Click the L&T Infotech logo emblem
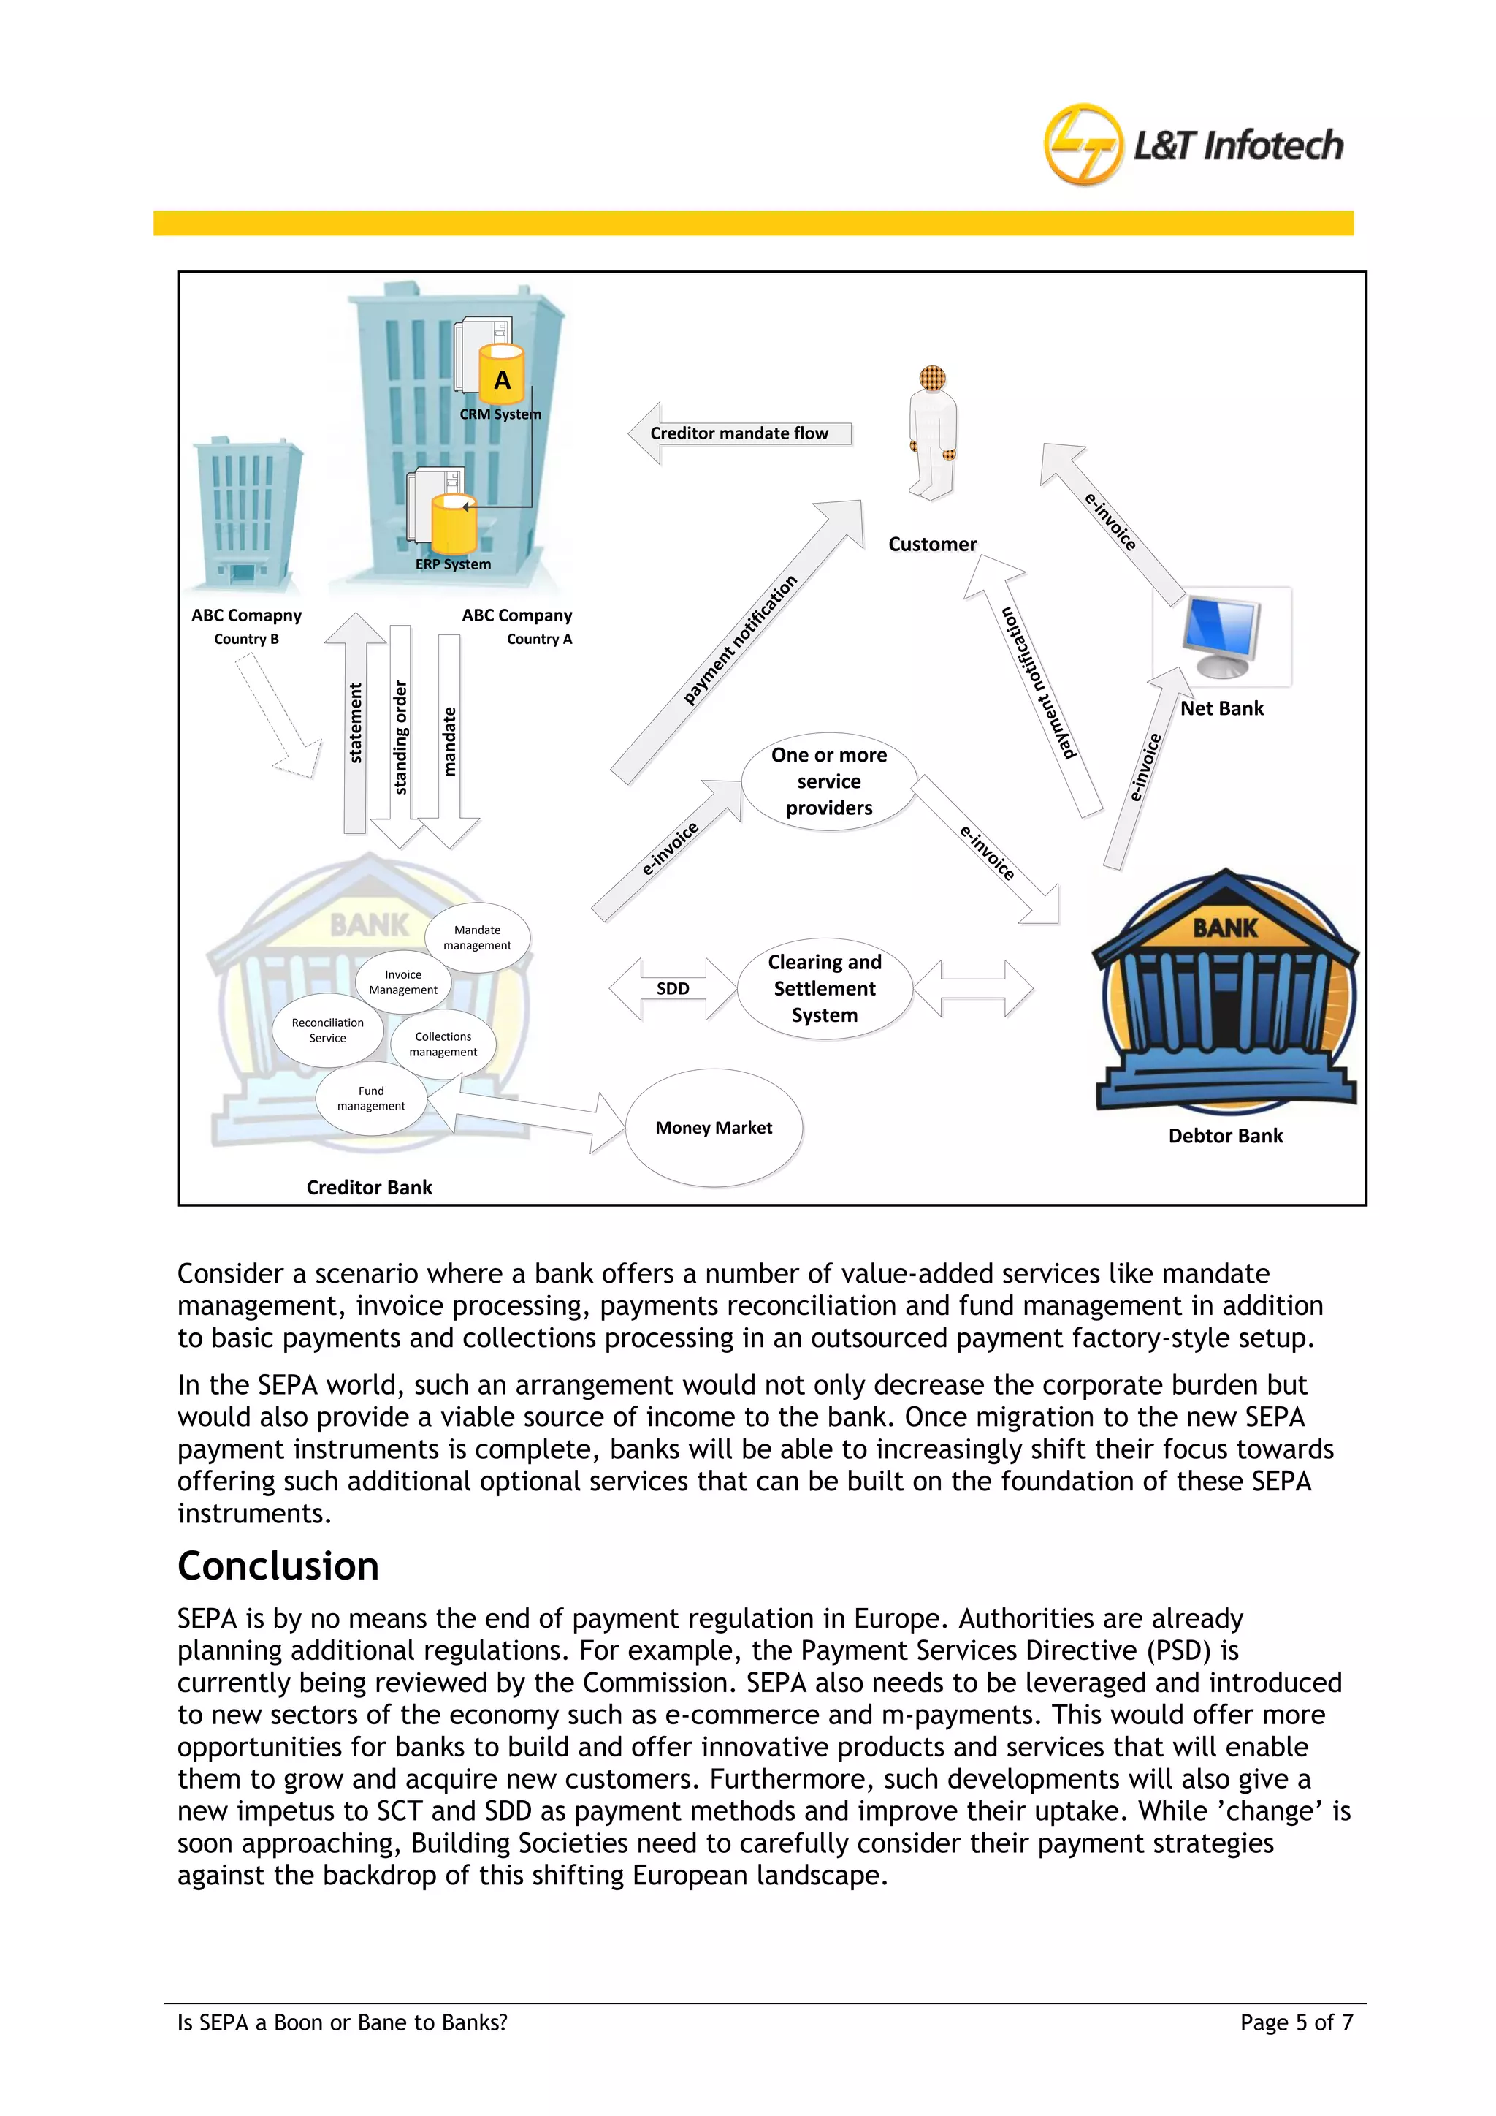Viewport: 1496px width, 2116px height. (x=1083, y=145)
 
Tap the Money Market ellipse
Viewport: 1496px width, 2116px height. (x=714, y=1127)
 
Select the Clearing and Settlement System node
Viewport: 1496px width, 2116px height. (x=825, y=989)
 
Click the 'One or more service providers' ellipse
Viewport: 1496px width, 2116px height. (x=829, y=781)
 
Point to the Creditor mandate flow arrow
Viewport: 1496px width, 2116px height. (x=740, y=433)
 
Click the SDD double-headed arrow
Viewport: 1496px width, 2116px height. (x=673, y=989)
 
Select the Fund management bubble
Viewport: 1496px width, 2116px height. (x=371, y=1099)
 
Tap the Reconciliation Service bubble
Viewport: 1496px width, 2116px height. (x=327, y=1031)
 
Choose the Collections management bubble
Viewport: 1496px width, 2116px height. (x=443, y=1044)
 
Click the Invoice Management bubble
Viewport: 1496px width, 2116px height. (x=403, y=982)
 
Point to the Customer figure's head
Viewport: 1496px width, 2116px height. (x=932, y=378)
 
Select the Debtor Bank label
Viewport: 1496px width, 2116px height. (x=1225, y=1135)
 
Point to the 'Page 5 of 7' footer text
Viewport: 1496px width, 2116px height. (x=1296, y=2022)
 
